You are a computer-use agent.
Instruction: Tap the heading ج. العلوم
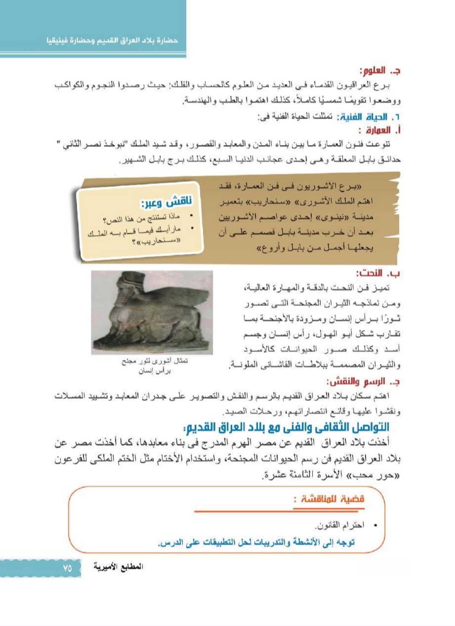(380, 70)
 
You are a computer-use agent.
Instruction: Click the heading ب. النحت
(378, 273)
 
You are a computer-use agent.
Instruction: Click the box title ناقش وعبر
(166, 201)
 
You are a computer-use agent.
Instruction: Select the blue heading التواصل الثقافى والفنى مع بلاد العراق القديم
(286, 427)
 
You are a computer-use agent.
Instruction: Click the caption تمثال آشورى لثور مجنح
(155, 362)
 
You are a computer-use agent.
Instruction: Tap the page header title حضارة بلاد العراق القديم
(112, 41)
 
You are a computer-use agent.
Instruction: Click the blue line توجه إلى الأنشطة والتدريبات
(256, 542)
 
